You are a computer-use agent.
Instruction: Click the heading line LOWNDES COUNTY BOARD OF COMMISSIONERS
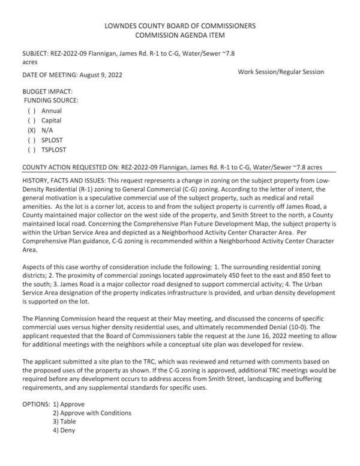[x=180, y=26]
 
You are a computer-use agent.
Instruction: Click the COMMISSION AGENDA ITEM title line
[x=180, y=36]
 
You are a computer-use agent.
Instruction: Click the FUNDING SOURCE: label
[x=52, y=100]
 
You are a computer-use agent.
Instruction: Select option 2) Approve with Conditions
[x=91, y=413]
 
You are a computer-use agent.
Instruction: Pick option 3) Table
[x=64, y=422]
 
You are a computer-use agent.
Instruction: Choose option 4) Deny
[x=64, y=431]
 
